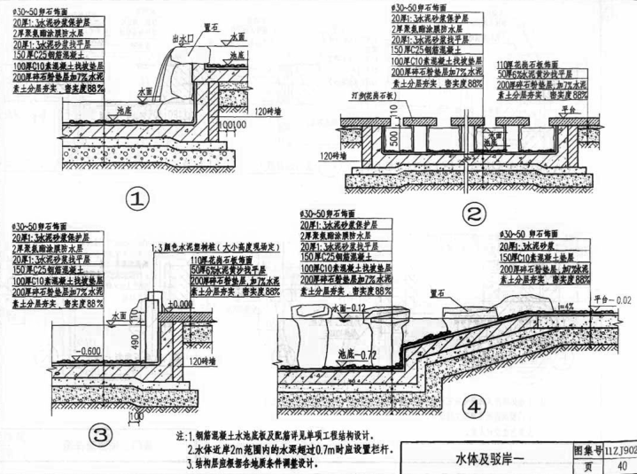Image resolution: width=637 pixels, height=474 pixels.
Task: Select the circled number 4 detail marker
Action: click(476, 407)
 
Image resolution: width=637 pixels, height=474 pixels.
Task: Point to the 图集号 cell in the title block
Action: click(587, 450)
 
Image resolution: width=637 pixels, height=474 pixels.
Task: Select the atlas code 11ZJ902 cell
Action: click(619, 450)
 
